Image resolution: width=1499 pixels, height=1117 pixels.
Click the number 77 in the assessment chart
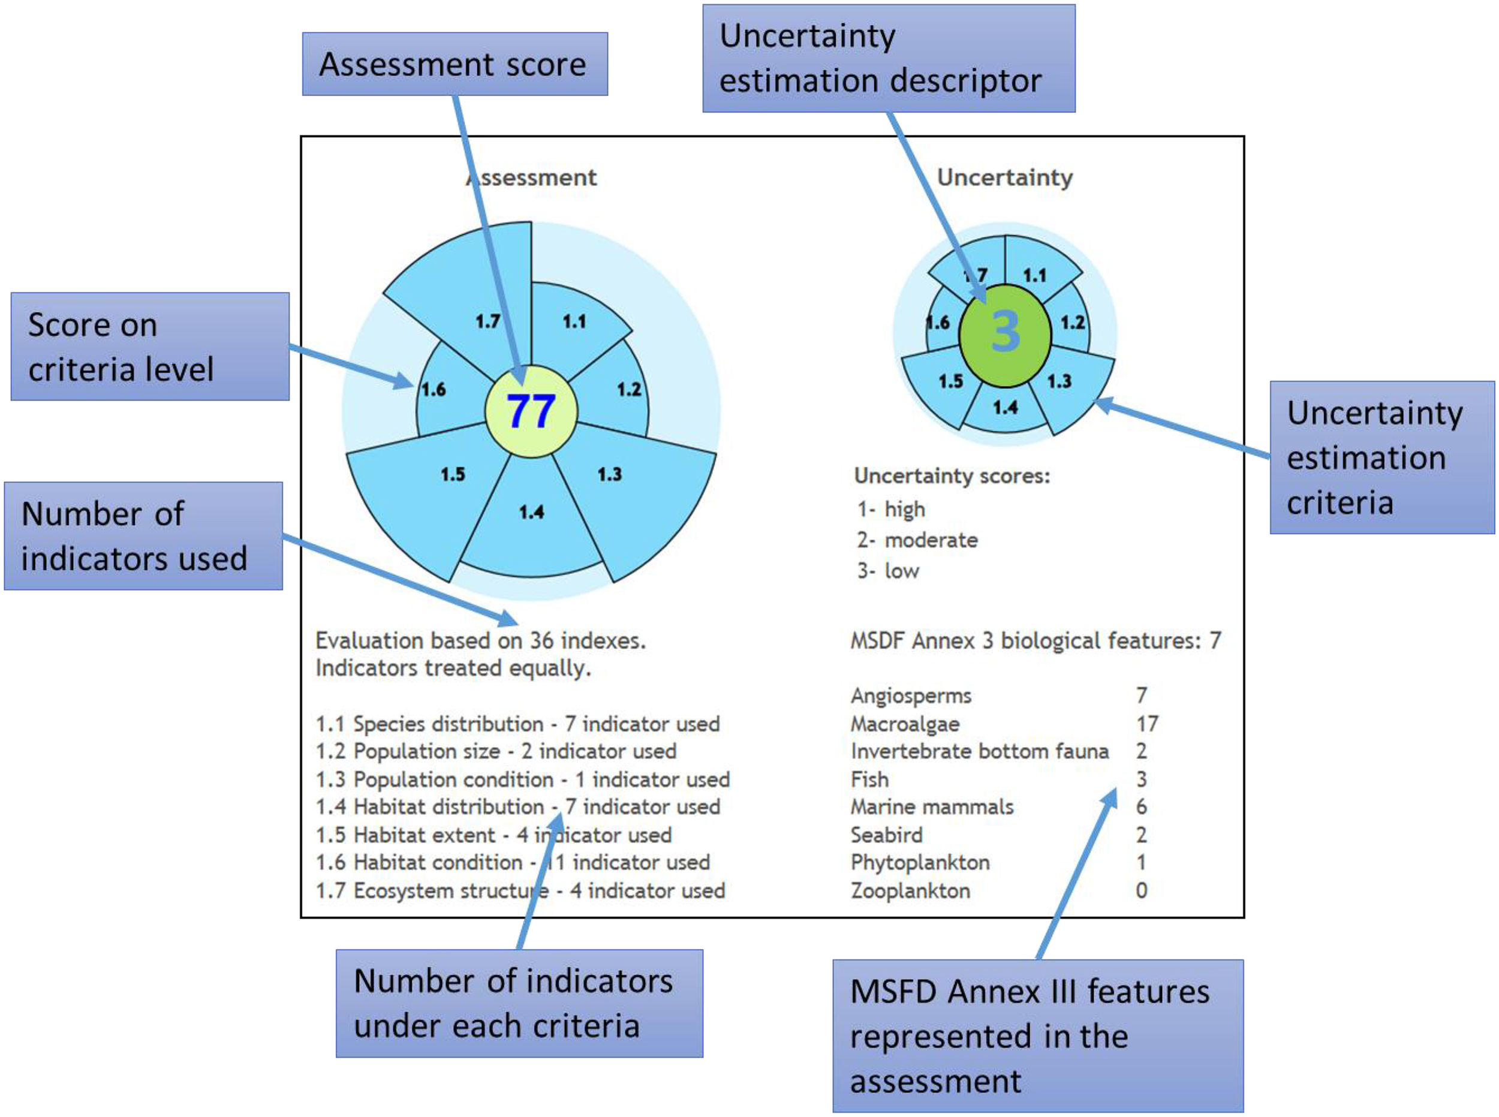coord(531,411)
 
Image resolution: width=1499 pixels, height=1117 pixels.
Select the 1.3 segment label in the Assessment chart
coord(609,474)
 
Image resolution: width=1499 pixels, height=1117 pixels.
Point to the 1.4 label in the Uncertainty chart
coord(1005,407)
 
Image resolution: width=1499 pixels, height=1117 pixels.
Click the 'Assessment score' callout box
coord(454,64)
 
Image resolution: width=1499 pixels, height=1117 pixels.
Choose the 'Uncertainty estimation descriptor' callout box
coord(889,58)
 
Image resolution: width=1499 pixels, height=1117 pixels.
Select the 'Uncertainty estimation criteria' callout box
coord(1381,457)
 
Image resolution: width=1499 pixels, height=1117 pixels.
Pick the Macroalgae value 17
coord(1146,724)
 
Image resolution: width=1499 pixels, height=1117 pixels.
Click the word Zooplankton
coord(910,890)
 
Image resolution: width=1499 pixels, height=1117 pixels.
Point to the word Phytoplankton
coord(920,862)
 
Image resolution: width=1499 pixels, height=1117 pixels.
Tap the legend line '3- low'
coord(888,571)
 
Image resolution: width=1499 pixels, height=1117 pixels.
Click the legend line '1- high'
coord(890,508)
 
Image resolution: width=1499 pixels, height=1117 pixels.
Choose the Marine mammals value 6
coord(1141,806)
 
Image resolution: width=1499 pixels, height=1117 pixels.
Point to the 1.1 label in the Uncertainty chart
coord(1034,275)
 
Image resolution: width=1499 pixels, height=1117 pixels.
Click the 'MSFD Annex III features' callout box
coord(1037,1036)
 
